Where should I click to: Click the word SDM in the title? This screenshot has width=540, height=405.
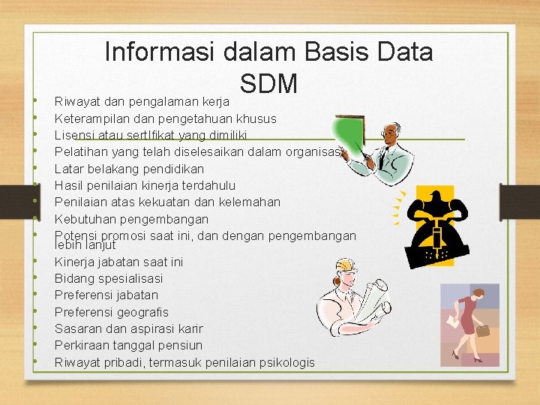pyautogui.click(x=269, y=83)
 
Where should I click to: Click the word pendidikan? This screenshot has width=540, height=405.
pyautogui.click(x=172, y=169)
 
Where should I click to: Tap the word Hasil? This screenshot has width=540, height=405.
pyautogui.click(x=68, y=185)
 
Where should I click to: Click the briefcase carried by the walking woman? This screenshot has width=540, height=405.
pyautogui.click(x=483, y=329)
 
